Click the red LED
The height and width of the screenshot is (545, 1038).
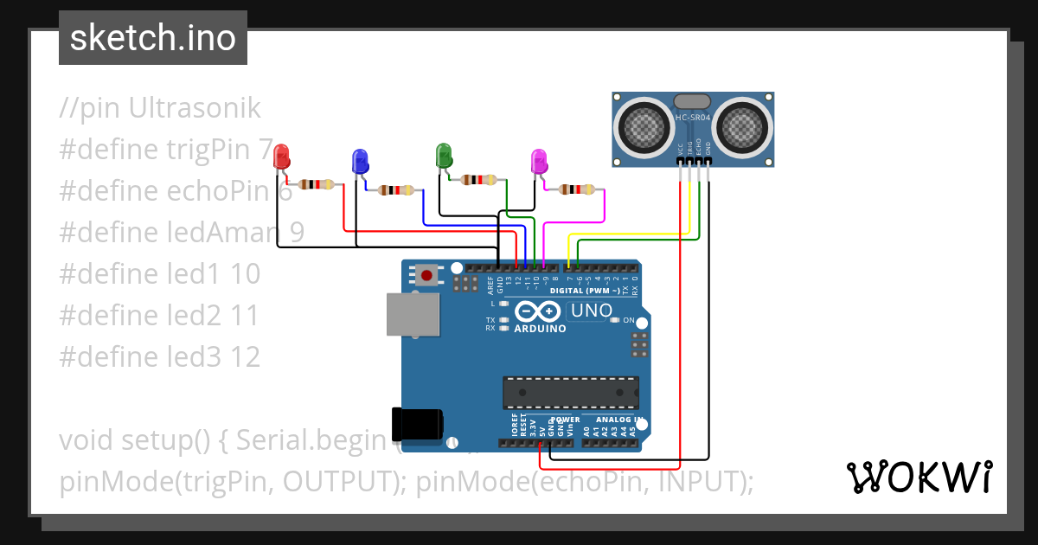[282, 157]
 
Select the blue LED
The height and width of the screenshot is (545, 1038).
[360, 161]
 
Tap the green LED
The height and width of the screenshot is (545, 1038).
[443, 156]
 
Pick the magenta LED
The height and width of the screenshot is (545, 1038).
[538, 161]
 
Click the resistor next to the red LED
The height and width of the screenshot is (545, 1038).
[316, 184]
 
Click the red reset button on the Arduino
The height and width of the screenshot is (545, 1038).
[426, 276]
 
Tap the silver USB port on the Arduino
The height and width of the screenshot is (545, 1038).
[410, 314]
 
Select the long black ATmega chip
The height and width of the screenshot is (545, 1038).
[571, 392]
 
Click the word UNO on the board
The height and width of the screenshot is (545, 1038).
[593, 311]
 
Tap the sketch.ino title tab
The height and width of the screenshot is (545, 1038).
[153, 38]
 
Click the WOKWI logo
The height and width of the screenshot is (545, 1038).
[919, 477]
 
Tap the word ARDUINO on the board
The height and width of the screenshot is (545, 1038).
[540, 329]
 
